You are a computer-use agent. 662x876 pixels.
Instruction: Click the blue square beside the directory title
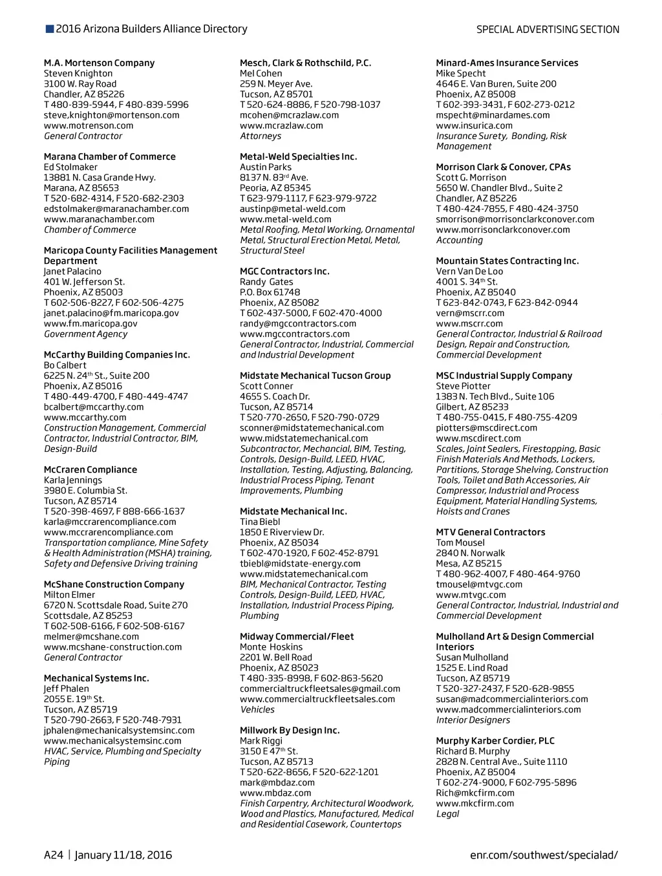(x=50, y=29)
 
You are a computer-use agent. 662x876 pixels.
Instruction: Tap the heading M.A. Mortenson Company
(x=99, y=63)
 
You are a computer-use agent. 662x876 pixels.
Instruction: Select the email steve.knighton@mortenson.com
(x=111, y=115)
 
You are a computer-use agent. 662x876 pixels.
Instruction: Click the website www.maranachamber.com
(x=99, y=219)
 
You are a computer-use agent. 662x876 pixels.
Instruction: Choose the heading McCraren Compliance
(x=91, y=469)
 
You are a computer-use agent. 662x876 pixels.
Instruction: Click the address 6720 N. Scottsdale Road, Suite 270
(x=116, y=605)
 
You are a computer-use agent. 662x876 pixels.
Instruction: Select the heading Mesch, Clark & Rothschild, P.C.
(x=305, y=63)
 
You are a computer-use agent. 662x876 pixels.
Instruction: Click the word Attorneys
(x=261, y=136)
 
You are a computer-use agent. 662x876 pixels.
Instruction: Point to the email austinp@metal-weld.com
(x=292, y=209)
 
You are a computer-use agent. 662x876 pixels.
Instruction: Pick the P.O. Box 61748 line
(x=270, y=292)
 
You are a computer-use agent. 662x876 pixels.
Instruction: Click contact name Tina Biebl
(x=260, y=522)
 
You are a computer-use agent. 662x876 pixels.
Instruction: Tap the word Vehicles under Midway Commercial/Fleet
(x=257, y=709)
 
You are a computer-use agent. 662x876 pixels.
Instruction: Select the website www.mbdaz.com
(x=275, y=793)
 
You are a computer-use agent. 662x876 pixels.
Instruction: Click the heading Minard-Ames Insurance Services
(x=507, y=63)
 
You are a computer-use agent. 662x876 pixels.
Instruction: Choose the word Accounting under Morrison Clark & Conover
(x=459, y=240)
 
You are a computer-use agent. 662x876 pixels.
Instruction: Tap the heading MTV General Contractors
(x=490, y=532)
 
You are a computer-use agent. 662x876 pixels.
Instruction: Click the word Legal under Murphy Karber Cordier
(x=447, y=813)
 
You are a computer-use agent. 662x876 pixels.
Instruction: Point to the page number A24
(x=54, y=855)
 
